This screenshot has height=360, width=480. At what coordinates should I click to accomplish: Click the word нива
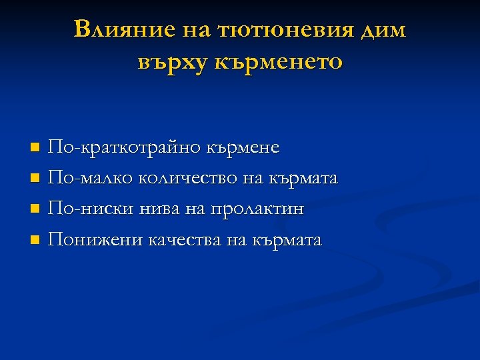(x=159, y=209)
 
